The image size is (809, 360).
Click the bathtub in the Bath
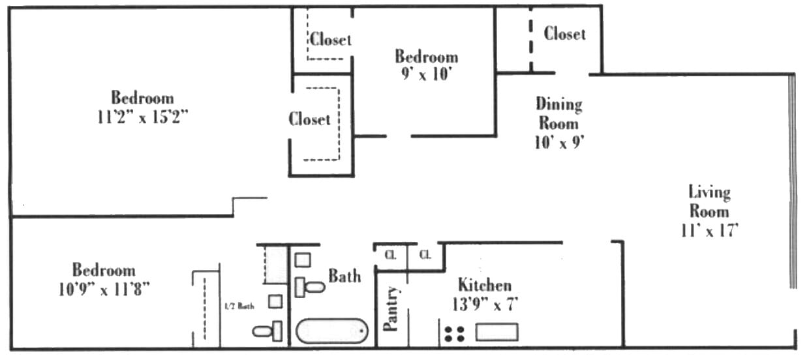tap(332, 331)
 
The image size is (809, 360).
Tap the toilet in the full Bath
tap(309, 287)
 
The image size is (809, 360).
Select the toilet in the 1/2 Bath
tap(267, 331)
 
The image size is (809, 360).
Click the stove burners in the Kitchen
tap(454, 333)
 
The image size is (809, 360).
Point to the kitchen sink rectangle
tap(496, 332)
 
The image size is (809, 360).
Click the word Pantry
tap(391, 308)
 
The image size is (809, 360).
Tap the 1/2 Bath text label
tap(239, 306)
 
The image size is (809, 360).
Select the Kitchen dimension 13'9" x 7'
tap(485, 303)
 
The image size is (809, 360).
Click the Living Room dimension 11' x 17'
tap(709, 230)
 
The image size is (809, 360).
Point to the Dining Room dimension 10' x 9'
tap(558, 142)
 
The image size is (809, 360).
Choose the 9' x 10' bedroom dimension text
tap(426, 74)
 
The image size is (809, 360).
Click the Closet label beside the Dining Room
tap(564, 33)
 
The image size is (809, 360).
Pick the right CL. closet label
tap(425, 254)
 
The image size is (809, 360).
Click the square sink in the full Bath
tap(302, 260)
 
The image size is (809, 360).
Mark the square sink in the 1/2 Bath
tap(275, 301)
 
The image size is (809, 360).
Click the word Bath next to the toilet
tap(344, 276)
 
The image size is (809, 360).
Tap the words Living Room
tap(709, 202)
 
